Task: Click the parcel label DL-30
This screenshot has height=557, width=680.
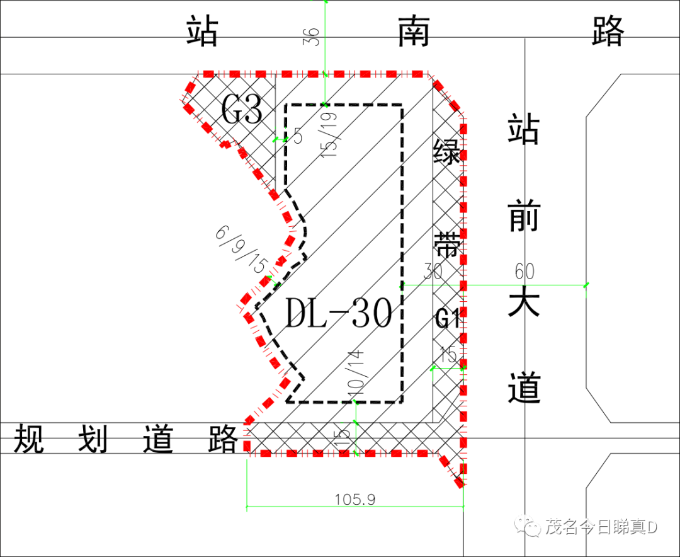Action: [339, 314]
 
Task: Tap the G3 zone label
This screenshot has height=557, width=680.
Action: [242, 111]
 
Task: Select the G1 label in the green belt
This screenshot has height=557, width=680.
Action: [448, 319]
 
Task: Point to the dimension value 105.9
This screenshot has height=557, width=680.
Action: [355, 499]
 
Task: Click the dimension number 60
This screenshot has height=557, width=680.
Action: [524, 272]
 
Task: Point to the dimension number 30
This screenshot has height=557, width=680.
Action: [433, 272]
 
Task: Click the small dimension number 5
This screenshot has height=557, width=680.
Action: [298, 136]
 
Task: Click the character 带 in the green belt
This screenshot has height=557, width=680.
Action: [448, 245]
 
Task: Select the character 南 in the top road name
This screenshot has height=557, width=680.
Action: [414, 32]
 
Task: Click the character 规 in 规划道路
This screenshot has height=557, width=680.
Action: [30, 439]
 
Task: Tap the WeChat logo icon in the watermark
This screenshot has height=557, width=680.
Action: [528, 526]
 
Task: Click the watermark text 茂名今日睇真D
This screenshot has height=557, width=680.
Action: [601, 527]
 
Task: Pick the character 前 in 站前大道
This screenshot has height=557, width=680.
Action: [524, 217]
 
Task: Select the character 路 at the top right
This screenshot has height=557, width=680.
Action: [608, 32]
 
